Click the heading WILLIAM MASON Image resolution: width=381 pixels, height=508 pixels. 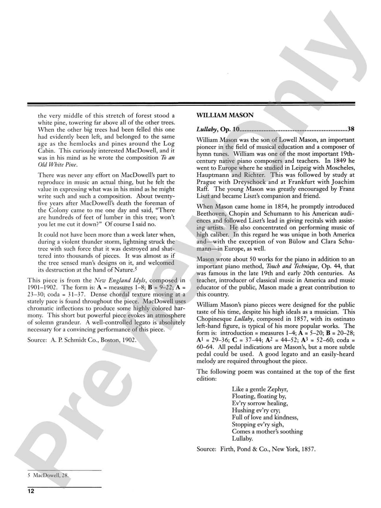[x=225, y=115]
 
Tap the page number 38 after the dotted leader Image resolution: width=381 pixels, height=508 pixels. [x=351, y=129]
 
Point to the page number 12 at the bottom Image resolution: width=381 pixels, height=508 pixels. [x=31, y=491]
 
